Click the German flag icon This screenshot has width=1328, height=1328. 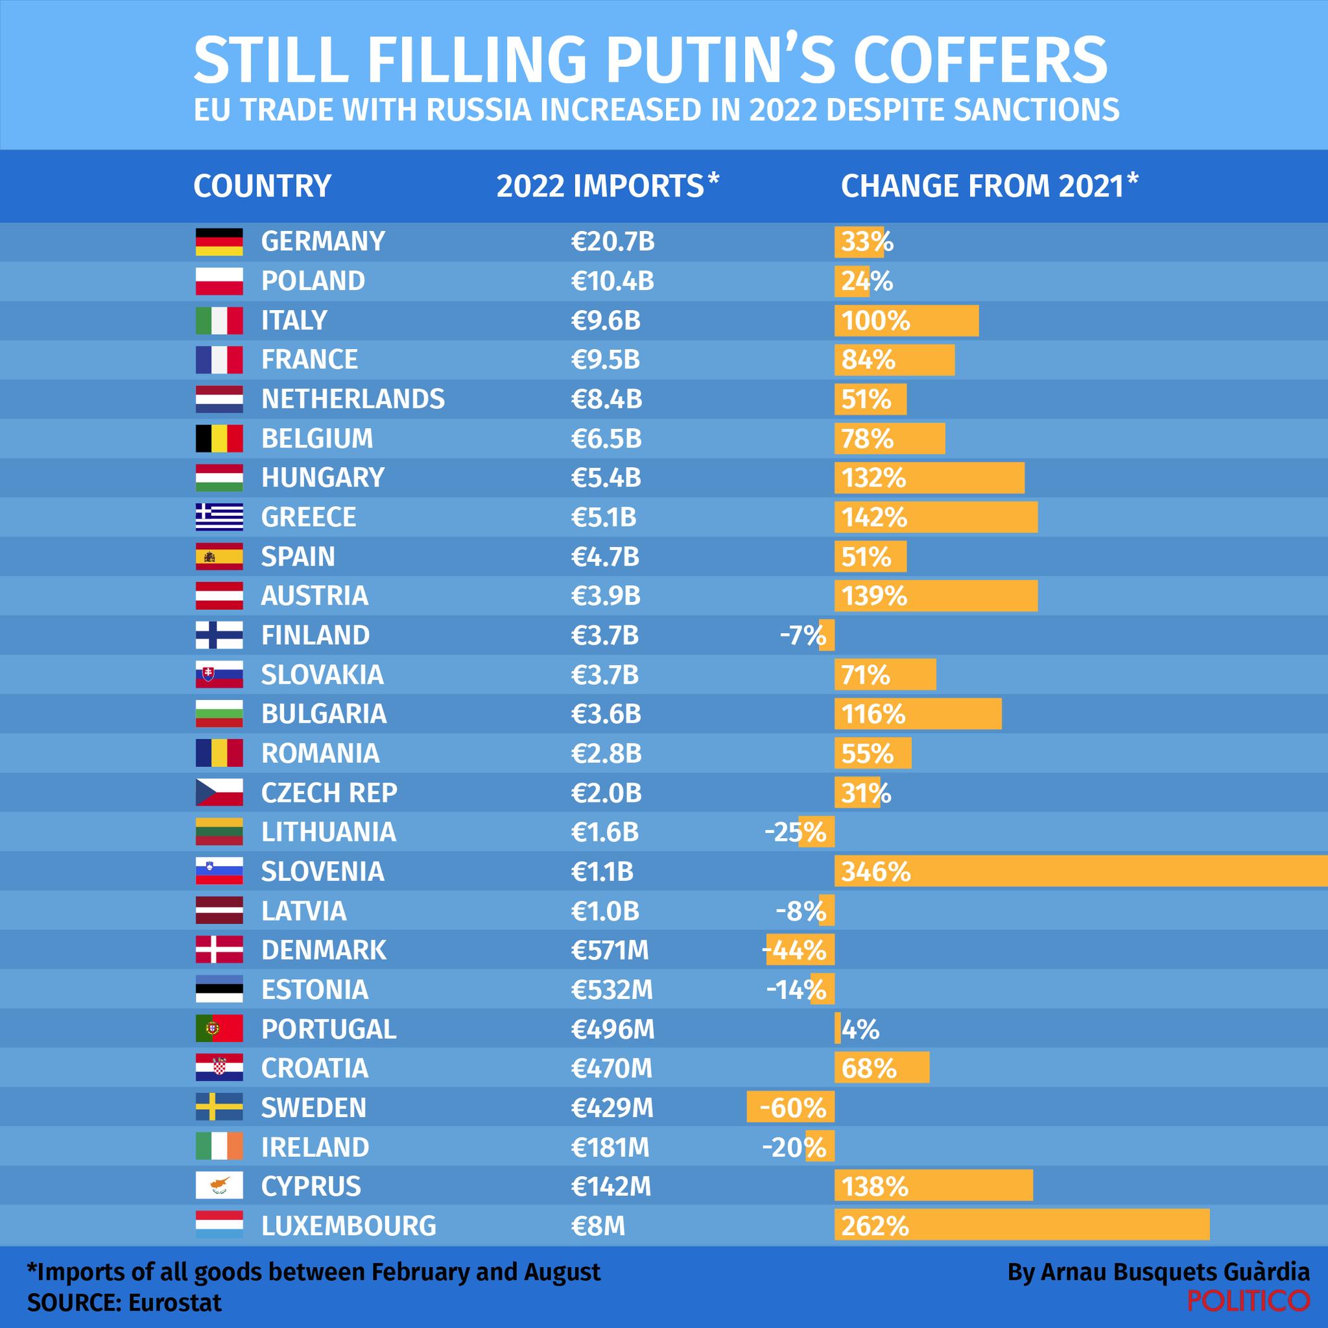(x=219, y=242)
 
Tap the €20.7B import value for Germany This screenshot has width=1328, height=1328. (x=612, y=242)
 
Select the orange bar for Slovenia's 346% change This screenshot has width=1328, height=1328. (x=1080, y=871)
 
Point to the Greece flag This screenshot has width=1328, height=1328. (x=219, y=517)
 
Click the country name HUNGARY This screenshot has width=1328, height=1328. (x=322, y=477)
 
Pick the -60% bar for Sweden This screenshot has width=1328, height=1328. (x=790, y=1108)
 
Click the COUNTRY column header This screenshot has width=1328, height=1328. (x=262, y=186)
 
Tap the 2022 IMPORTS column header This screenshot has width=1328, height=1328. (x=607, y=186)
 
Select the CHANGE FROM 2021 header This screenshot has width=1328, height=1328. (x=989, y=186)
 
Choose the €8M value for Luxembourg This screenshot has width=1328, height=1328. (x=597, y=1225)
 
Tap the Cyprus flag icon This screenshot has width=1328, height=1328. (x=219, y=1186)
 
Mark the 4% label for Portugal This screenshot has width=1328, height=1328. (x=860, y=1030)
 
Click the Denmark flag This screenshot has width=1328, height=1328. (x=219, y=950)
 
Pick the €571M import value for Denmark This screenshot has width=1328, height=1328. (x=610, y=950)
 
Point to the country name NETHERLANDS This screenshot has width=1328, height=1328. (x=353, y=400)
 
